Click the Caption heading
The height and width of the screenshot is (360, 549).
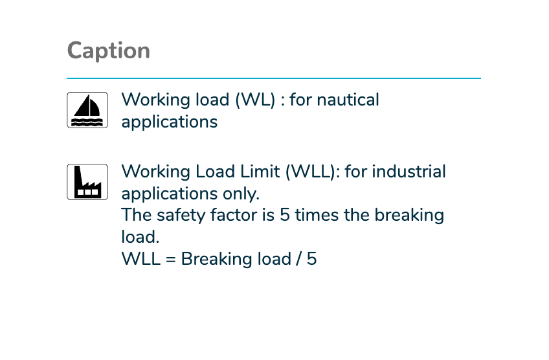click(109, 51)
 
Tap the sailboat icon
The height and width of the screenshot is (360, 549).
click(87, 110)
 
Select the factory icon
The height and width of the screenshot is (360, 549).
click(87, 182)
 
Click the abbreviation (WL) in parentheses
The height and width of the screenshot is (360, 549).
click(255, 100)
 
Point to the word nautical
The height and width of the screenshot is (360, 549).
click(348, 100)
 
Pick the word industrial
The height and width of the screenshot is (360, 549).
click(409, 172)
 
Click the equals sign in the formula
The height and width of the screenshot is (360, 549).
click(170, 260)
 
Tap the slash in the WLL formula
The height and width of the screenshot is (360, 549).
click(298, 259)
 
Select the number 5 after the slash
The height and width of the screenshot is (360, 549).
click(312, 259)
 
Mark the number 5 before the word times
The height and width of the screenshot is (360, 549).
click(285, 216)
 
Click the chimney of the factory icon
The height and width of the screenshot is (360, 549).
click(78, 175)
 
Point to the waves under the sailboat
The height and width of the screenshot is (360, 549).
click(87, 122)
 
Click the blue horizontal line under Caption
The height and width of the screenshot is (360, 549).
click(274, 78)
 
